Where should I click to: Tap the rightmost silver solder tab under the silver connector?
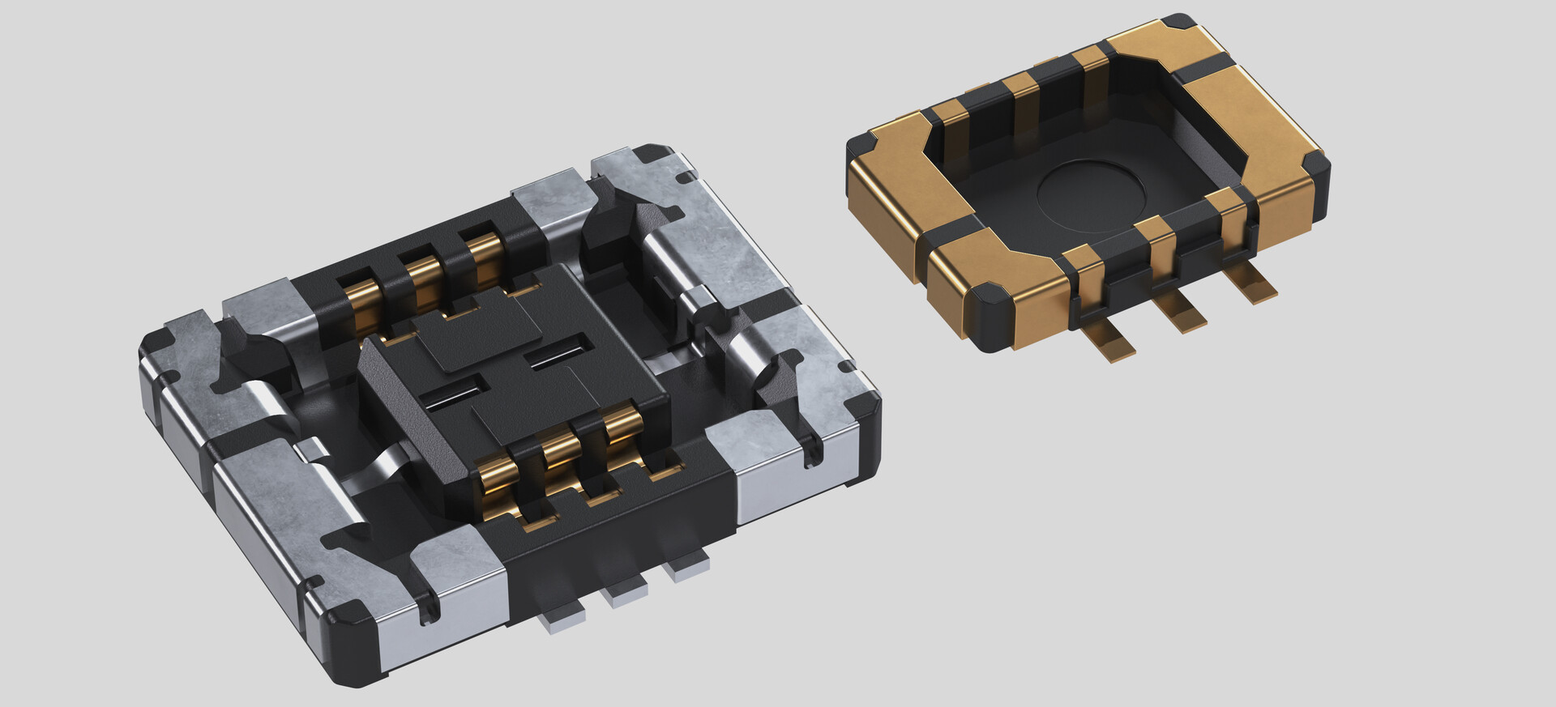[x=686, y=570]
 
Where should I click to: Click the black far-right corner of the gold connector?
[x=1314, y=166]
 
